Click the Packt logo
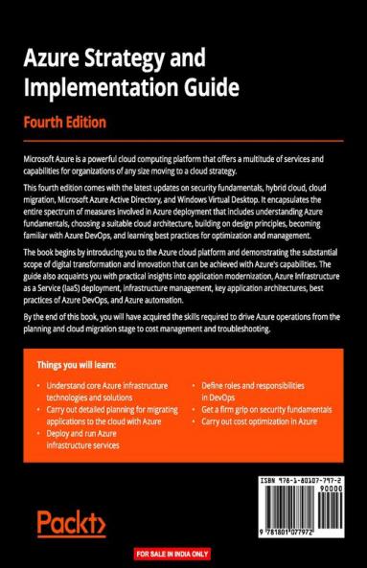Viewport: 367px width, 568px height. [71, 522]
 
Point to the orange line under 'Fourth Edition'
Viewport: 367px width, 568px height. [182, 141]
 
